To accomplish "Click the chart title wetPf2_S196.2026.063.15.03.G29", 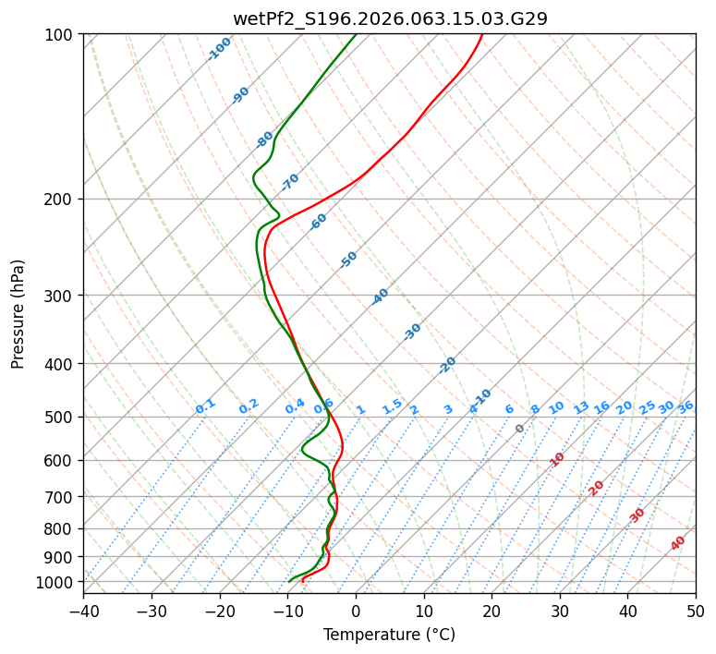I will [x=390, y=18].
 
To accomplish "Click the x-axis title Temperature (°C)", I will [x=389, y=635].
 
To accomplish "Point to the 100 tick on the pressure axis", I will [x=61, y=35].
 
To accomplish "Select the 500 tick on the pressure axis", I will [x=61, y=418].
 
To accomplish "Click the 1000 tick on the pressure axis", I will [x=57, y=582].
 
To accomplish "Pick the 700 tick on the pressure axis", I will [x=61, y=497].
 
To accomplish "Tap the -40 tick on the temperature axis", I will [x=83, y=611].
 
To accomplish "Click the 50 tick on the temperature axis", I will [x=696, y=611].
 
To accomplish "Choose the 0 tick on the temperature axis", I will [x=356, y=611].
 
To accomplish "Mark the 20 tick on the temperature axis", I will [x=491, y=611].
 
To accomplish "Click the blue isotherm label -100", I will [x=219, y=49].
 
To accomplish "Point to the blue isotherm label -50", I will [x=348, y=260].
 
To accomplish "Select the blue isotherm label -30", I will [x=412, y=332].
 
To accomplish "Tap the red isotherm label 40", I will [x=678, y=543].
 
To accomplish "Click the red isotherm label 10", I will [x=557, y=459].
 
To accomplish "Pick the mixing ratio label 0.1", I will [x=205, y=406].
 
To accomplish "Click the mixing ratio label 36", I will [x=686, y=406].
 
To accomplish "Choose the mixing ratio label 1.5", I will [x=392, y=406].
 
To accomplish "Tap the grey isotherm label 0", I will [x=520, y=429].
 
